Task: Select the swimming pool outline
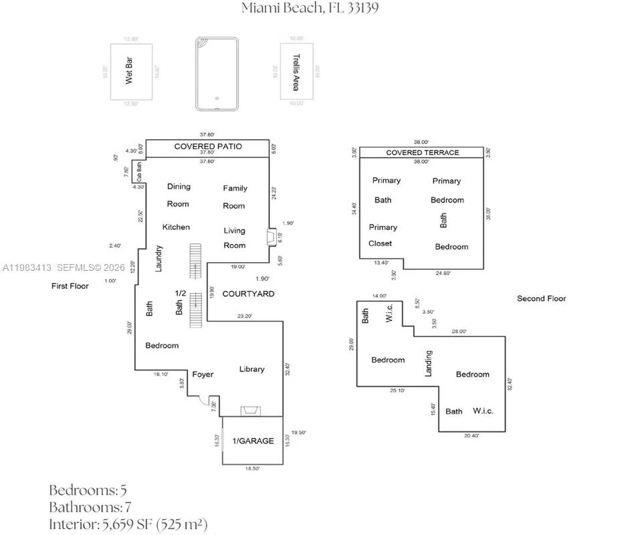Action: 217,74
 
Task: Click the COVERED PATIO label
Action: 208,146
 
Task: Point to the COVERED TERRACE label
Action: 422,152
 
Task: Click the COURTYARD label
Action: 248,294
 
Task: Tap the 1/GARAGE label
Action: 253,441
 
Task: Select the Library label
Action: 251,368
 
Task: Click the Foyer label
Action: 203,374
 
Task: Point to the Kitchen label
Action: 176,227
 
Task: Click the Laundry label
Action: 159,258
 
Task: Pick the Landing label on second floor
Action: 429,362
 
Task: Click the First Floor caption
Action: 70,286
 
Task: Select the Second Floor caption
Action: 541,298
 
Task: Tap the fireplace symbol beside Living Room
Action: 270,237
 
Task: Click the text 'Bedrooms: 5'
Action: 88,490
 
